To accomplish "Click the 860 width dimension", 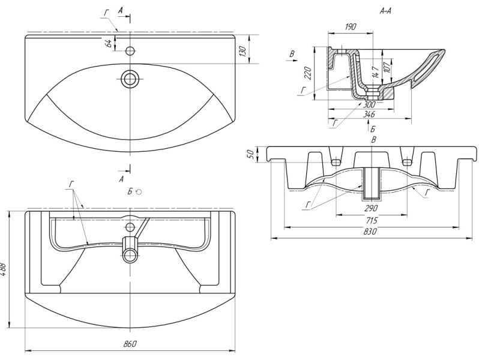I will (x=131, y=343).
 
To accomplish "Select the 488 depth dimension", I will (x=5, y=268).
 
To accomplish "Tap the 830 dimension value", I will (x=370, y=232).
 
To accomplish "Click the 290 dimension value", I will (x=370, y=209).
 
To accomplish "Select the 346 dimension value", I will (x=368, y=113).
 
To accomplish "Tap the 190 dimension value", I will (x=351, y=27).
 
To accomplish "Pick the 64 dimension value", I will (x=108, y=43).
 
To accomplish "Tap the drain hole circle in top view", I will (x=130, y=78).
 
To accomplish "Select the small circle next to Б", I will (x=139, y=192).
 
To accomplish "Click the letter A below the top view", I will (x=122, y=179).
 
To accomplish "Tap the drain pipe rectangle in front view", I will (x=373, y=182).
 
